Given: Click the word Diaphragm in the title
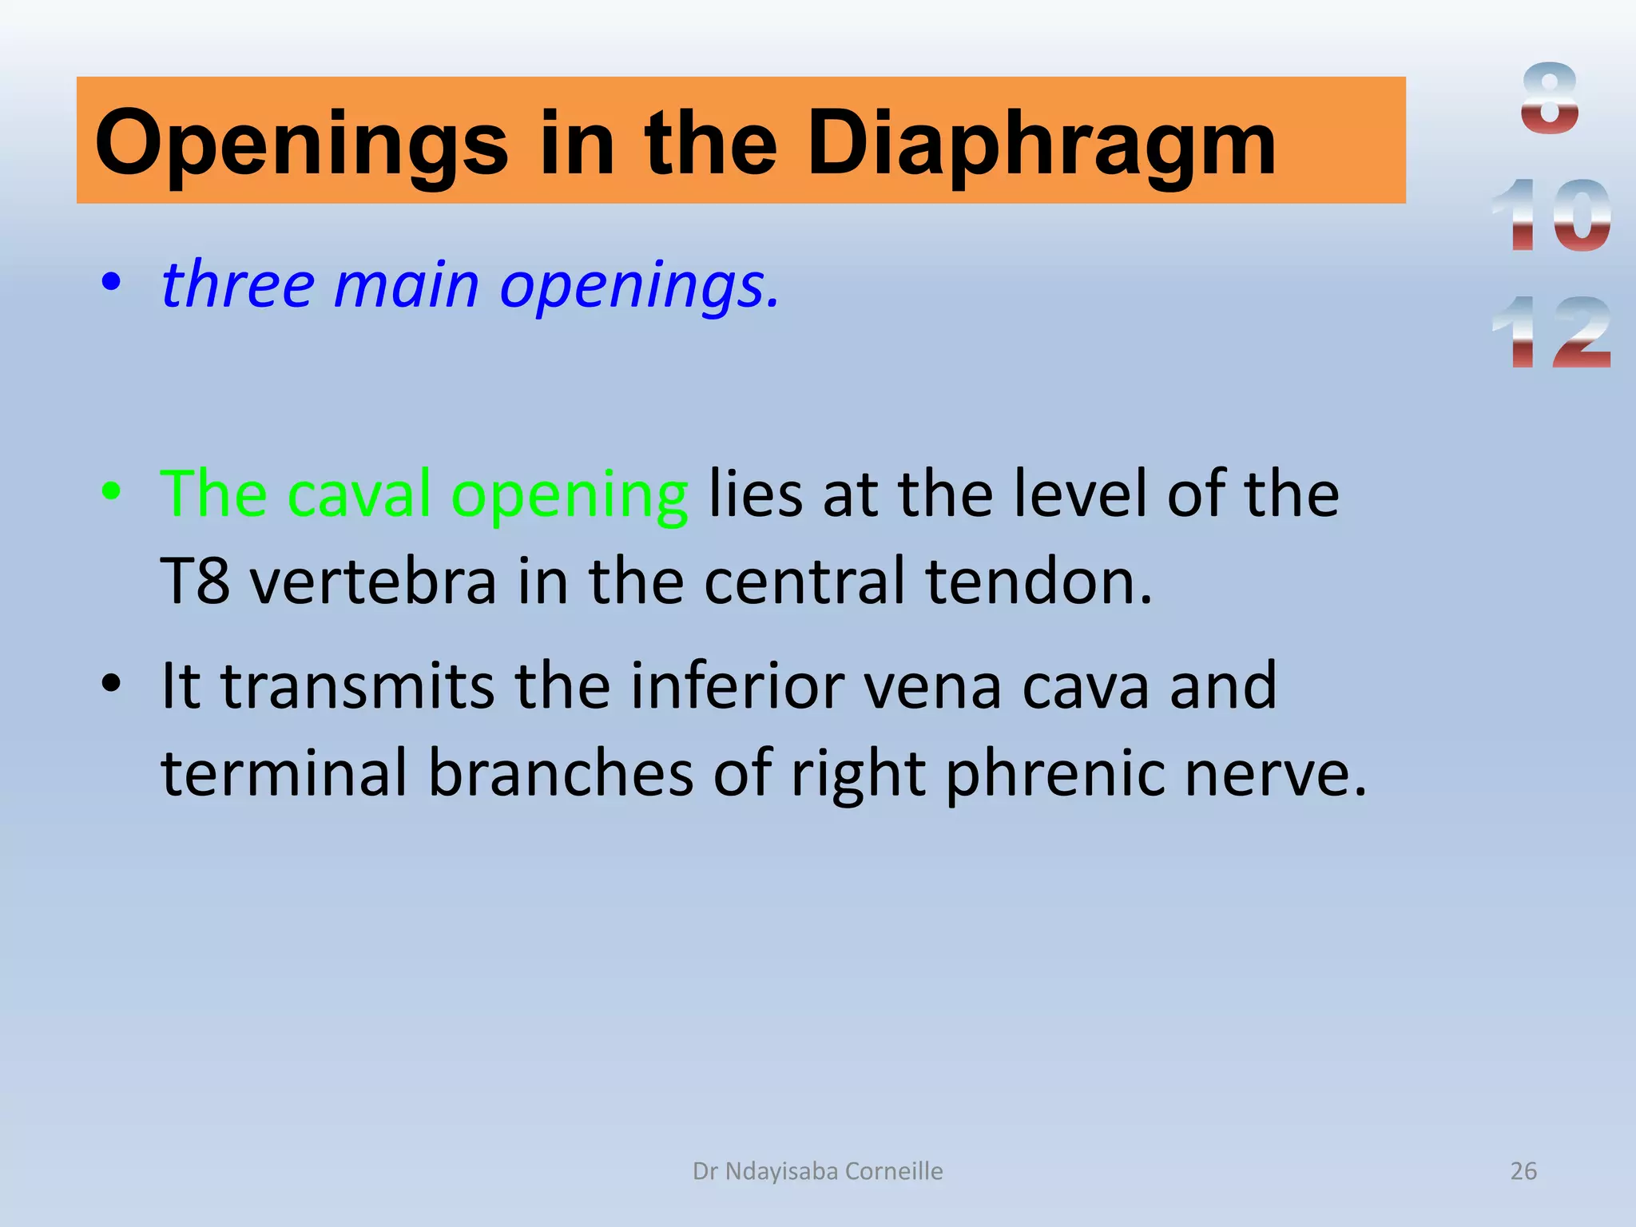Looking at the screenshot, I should tap(1042, 144).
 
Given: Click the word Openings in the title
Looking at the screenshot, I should tap(301, 144).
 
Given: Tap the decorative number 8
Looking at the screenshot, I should tap(1550, 99).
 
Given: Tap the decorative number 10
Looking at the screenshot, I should tap(1550, 216).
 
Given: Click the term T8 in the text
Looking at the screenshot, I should tap(195, 581).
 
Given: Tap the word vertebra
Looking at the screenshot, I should tap(373, 581).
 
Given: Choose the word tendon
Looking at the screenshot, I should tap(1038, 581).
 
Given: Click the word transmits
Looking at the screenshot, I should tap(357, 686).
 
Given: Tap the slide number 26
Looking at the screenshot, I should tap(1523, 1171).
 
